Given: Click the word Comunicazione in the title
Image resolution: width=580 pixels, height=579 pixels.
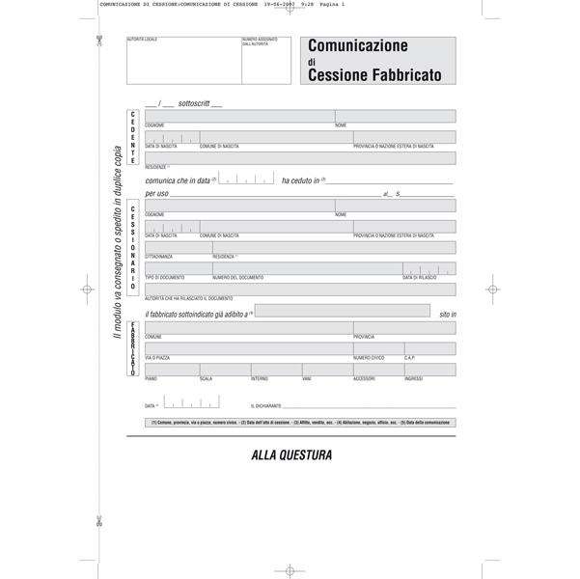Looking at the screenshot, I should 358,45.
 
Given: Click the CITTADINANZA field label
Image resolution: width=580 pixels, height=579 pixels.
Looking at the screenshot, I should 159,257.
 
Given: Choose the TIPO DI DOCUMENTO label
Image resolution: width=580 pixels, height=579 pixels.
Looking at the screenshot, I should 163,278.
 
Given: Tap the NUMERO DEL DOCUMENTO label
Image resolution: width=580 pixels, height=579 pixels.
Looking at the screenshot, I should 237,278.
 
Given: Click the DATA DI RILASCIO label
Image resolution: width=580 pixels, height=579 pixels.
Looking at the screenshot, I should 420,278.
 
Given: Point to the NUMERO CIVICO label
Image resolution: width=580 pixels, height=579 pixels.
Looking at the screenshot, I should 369,358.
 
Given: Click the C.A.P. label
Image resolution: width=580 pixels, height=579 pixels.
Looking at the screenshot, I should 410,358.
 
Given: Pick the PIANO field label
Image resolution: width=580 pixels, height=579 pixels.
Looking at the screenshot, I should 151,379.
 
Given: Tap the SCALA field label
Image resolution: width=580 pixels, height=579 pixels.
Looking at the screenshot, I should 206,379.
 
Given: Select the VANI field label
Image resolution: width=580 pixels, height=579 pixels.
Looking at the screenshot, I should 306,379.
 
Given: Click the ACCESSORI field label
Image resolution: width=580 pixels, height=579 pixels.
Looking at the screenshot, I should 364,379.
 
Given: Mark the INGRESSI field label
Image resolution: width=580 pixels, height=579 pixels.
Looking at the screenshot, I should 414,379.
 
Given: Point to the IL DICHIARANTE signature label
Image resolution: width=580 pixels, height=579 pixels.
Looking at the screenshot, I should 266,406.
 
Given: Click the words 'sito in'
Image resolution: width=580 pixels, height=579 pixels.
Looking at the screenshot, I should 446,315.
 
